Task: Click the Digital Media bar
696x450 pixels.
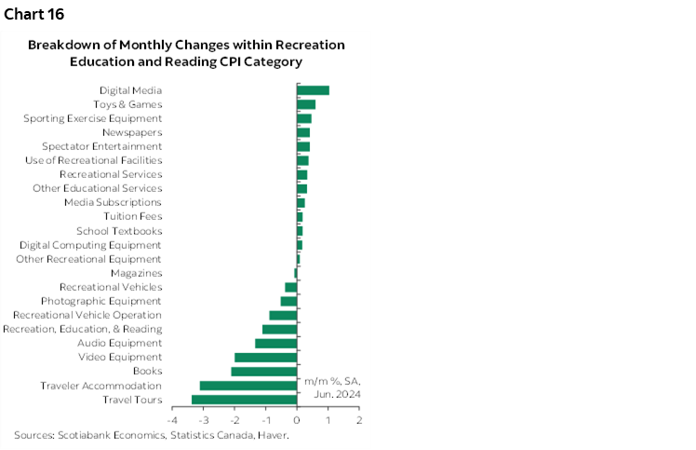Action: [x=313, y=90]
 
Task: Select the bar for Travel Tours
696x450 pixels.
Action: [x=244, y=400]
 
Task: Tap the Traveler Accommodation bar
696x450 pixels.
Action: [x=248, y=386]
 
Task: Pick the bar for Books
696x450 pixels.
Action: [x=263, y=372]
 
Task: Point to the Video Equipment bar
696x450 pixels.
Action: [x=265, y=357]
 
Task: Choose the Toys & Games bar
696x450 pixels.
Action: [x=306, y=104]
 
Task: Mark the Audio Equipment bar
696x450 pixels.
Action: [x=275, y=343]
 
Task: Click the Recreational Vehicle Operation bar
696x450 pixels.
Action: [x=283, y=315]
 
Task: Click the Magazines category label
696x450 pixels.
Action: [x=136, y=273]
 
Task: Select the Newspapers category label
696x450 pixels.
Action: [x=132, y=132]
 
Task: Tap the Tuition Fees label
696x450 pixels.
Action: [x=137, y=216]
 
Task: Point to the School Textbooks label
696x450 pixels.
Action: [x=119, y=231]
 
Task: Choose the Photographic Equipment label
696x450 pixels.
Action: [x=101, y=301]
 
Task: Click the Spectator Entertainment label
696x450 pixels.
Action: [x=101, y=146]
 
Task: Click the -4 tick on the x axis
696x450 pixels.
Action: [x=171, y=421]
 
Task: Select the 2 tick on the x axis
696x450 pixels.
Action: [x=359, y=421]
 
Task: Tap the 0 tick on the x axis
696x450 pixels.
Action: [x=297, y=421]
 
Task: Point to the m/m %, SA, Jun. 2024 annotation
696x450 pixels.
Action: [x=332, y=388]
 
